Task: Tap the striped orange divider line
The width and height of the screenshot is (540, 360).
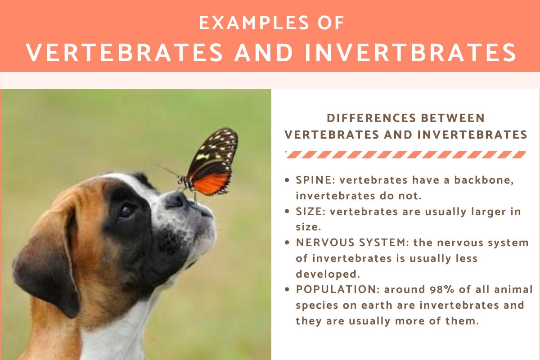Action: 405,155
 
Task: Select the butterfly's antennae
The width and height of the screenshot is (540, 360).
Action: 167,170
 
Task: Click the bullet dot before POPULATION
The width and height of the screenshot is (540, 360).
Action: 288,290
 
